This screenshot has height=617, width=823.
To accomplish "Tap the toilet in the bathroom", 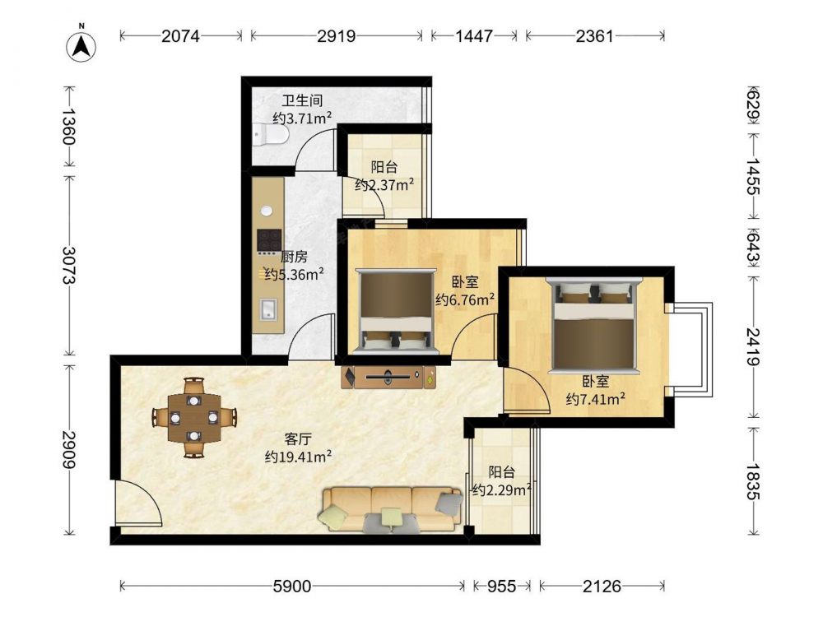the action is tap(270, 135).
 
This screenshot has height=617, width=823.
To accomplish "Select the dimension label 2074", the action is tap(180, 35).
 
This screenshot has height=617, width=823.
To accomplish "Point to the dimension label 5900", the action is tap(292, 586).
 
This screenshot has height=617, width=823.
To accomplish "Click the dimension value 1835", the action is tap(753, 481).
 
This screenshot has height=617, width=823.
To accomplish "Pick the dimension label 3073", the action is tap(69, 265).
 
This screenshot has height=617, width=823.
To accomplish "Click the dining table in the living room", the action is tap(194, 418).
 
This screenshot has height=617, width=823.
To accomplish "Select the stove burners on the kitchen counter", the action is tap(269, 240).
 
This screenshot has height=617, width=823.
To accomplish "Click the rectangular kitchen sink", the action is tap(268, 309).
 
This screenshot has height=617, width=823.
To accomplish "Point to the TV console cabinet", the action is tap(388, 377).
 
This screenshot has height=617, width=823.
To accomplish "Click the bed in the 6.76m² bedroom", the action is tap(395, 311).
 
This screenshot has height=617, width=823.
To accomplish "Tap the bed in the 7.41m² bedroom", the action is tap(593, 324).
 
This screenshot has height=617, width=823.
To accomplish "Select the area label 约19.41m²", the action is tap(298, 457).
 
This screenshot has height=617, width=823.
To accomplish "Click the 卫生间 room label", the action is tap(302, 100).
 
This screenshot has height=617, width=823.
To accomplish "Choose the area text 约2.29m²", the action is tap(501, 490).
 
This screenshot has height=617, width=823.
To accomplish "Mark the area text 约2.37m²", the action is tap(384, 184).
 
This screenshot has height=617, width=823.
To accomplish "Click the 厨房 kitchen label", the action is tap(294, 257).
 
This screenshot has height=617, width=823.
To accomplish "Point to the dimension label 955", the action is tap(501, 586).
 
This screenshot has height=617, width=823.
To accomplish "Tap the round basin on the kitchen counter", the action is tap(267, 211).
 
